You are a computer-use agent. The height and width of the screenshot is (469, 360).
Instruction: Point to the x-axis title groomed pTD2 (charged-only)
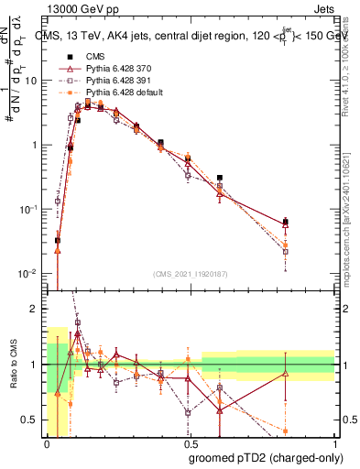tap(265, 457)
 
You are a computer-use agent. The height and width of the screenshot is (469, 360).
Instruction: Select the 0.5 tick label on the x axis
tap(189, 444)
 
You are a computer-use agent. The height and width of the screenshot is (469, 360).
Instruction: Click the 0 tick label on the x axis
tap(47, 444)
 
